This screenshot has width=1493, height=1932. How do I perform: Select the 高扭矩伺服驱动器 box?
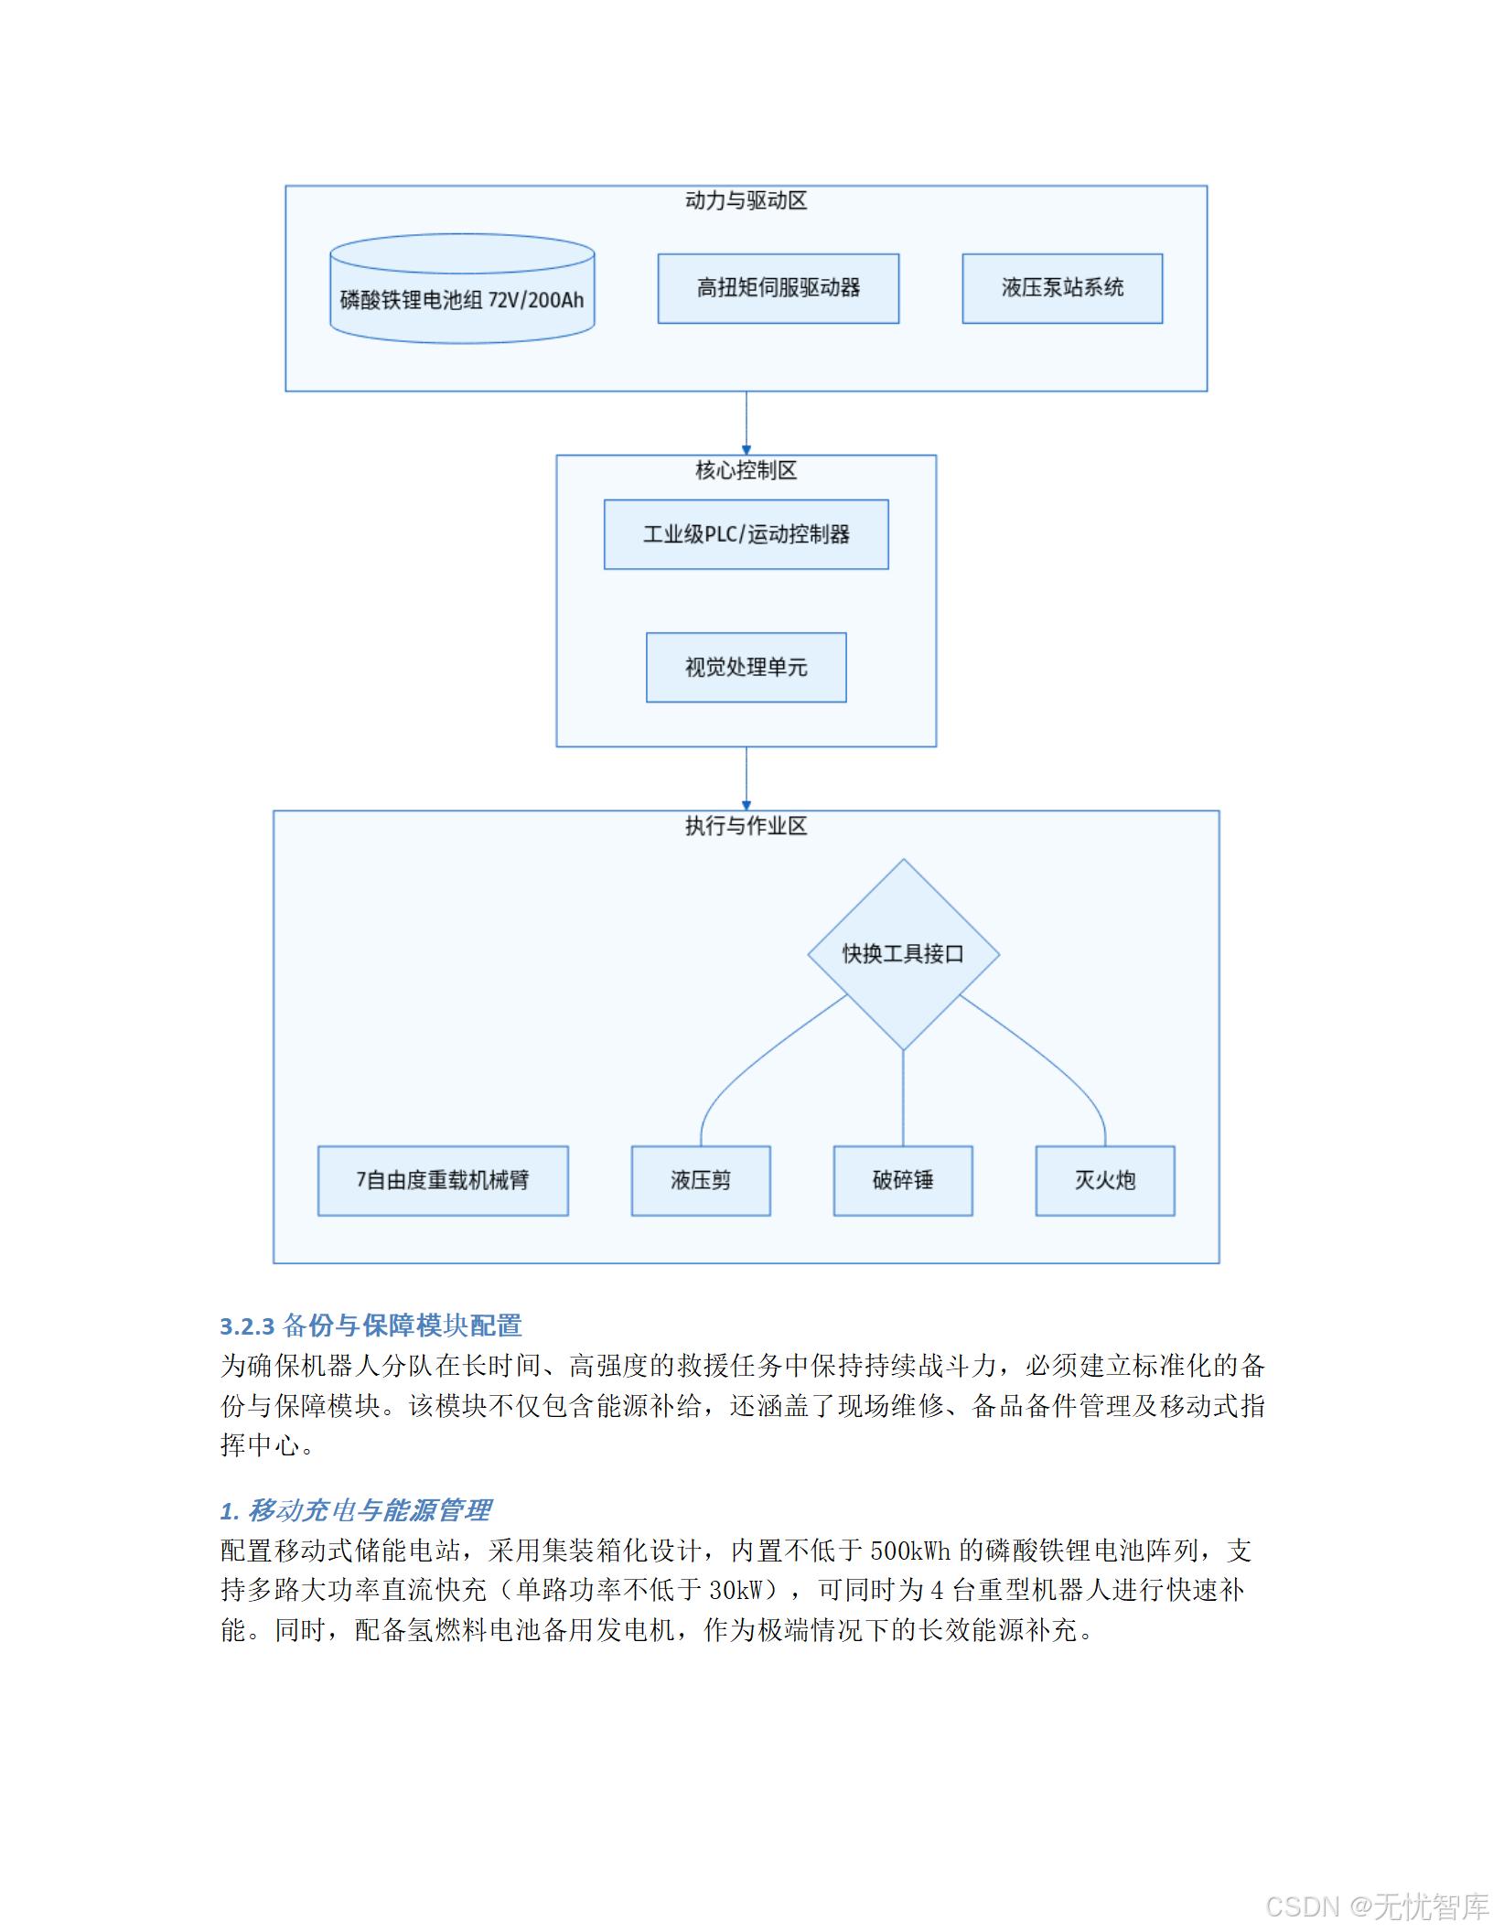(778, 288)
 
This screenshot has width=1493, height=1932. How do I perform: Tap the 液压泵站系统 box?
(1061, 288)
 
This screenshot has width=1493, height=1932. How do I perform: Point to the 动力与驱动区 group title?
(746, 200)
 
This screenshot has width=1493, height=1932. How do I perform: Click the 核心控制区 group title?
(746, 470)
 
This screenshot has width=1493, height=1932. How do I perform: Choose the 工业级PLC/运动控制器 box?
(746, 534)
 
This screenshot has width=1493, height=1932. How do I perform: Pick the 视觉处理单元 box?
(746, 667)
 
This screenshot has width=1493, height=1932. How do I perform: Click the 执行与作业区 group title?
(746, 826)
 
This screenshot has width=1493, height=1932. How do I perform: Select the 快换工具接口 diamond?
(903, 954)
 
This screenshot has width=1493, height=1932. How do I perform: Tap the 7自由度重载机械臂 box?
(443, 1180)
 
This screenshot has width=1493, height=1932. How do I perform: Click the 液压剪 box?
(701, 1180)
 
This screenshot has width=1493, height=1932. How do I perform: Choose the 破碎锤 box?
(903, 1180)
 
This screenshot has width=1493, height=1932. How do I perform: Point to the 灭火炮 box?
(1104, 1180)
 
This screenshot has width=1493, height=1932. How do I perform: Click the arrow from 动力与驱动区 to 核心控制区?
(746, 423)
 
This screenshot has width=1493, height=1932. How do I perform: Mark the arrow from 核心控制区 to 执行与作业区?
(746, 778)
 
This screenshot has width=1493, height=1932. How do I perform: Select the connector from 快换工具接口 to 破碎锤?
(903, 1098)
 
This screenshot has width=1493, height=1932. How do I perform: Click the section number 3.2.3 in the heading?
(247, 1326)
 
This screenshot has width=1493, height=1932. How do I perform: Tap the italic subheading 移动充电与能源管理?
(369, 1510)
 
